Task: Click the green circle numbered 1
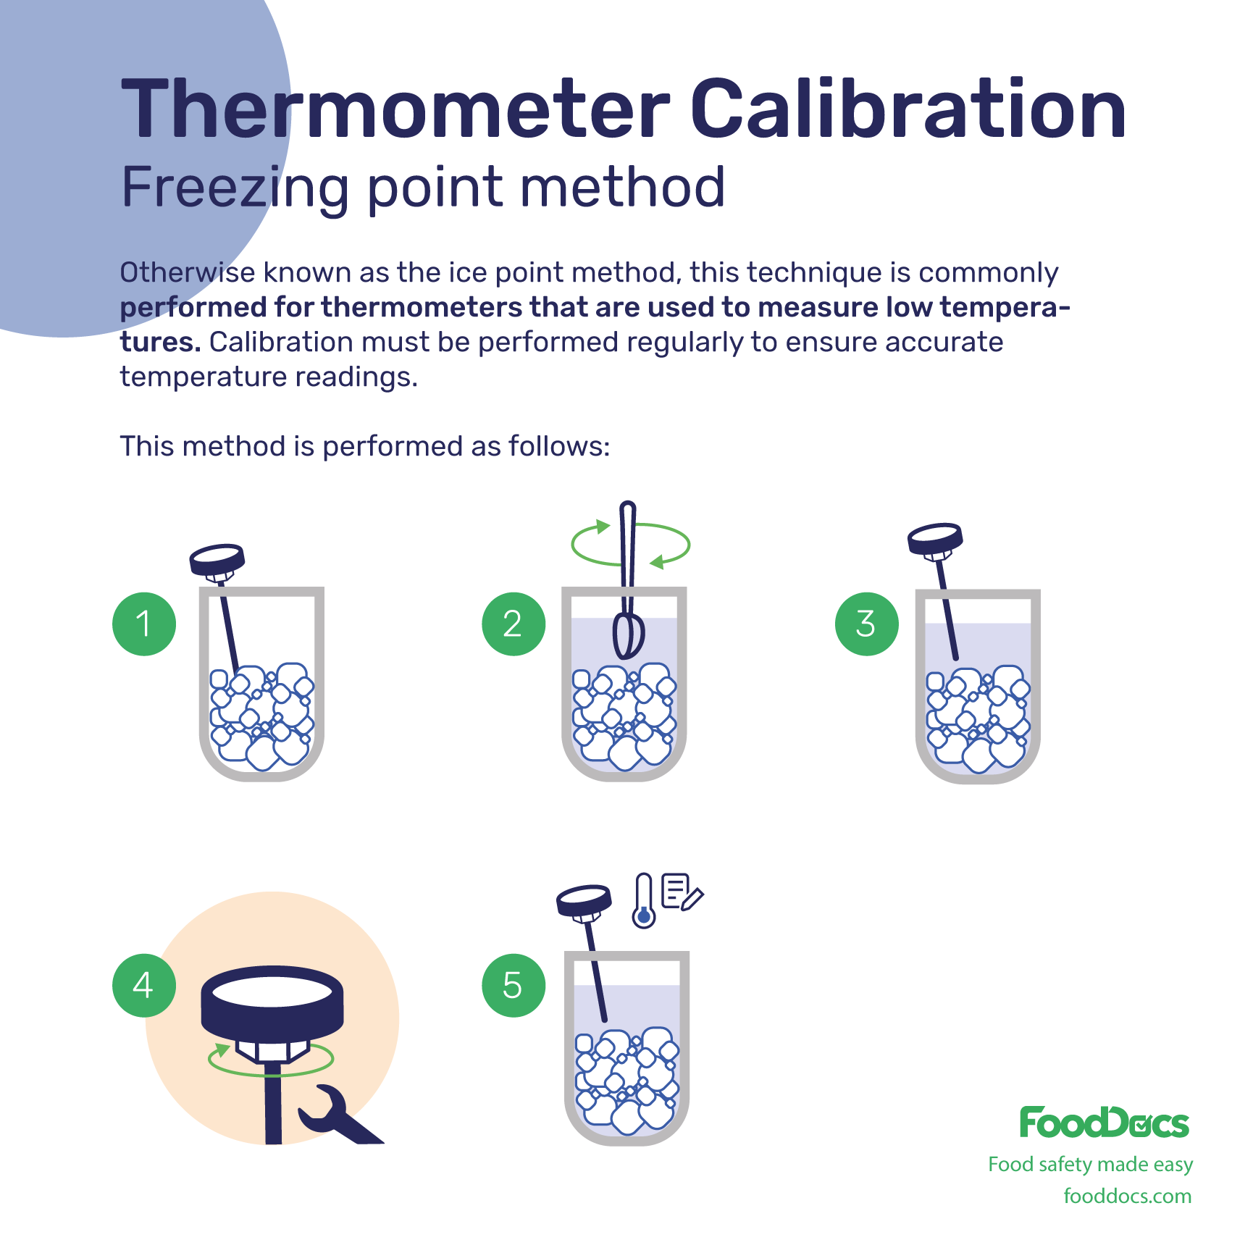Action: tap(144, 624)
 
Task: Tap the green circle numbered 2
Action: tap(514, 624)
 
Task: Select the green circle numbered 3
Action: tap(866, 624)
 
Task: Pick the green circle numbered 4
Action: tap(144, 985)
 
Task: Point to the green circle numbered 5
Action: tap(514, 985)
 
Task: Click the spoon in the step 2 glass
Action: tap(628, 579)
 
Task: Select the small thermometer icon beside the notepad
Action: tap(643, 900)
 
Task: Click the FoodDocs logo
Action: tap(1105, 1122)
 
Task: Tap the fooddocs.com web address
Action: tap(1128, 1196)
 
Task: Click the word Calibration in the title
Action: tap(908, 109)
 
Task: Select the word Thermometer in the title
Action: tap(395, 109)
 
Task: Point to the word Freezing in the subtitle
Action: tap(235, 188)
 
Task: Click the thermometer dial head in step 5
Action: tap(584, 902)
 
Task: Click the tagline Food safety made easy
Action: tap(1090, 1164)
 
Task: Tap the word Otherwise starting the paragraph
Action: tap(187, 272)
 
